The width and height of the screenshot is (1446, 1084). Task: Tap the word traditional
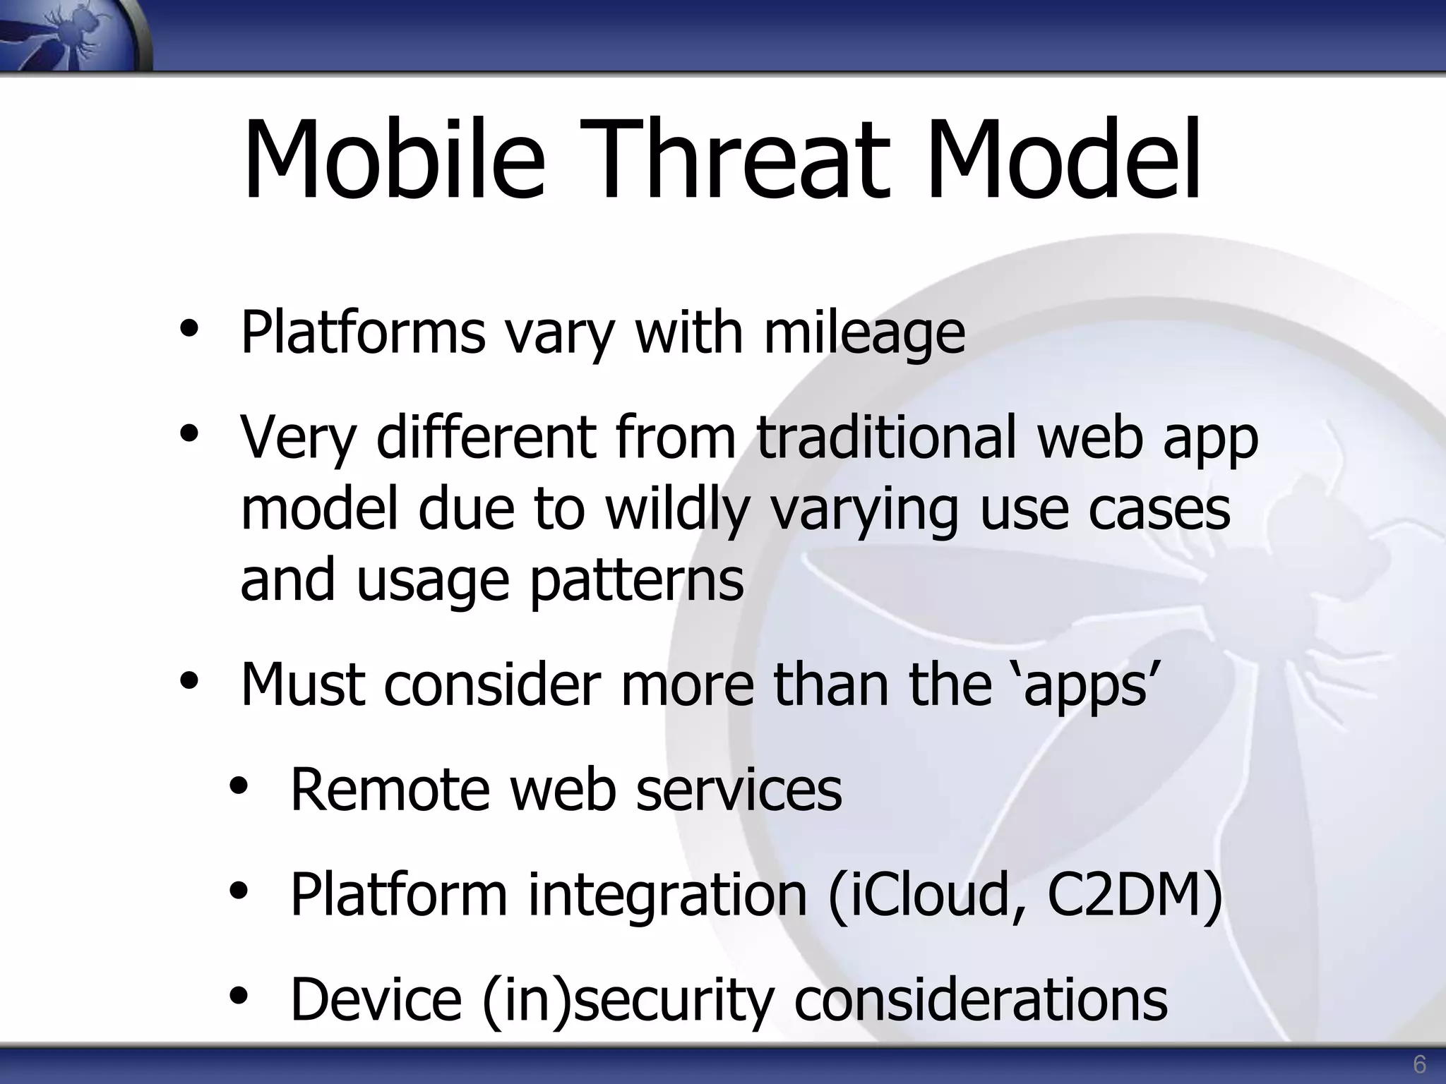pos(887,437)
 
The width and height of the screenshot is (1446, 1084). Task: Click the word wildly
pos(677,510)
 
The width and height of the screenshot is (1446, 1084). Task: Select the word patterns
pos(637,580)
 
